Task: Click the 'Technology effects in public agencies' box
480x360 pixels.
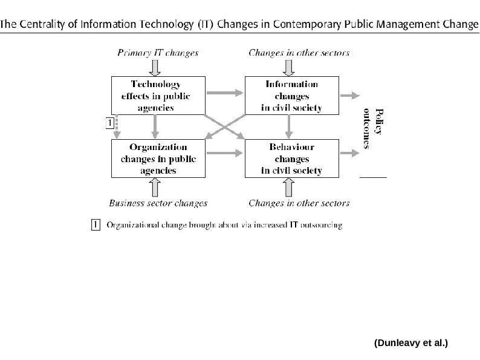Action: pos(155,96)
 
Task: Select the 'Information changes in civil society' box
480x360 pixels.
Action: pos(291,96)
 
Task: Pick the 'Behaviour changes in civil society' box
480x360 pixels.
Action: pos(291,159)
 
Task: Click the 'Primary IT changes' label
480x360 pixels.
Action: pos(157,53)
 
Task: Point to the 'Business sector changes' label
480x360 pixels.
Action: pos(158,203)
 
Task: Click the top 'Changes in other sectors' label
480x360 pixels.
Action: pos(299,53)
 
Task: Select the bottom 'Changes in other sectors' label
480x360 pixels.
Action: pos(299,203)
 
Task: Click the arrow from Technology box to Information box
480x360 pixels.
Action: pos(224,93)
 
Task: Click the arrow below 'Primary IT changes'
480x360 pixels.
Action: pos(155,65)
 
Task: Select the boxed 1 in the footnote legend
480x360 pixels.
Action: pos(95,225)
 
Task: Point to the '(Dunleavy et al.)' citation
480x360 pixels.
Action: pos(411,343)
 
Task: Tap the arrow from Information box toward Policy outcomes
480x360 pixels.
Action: pos(349,95)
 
